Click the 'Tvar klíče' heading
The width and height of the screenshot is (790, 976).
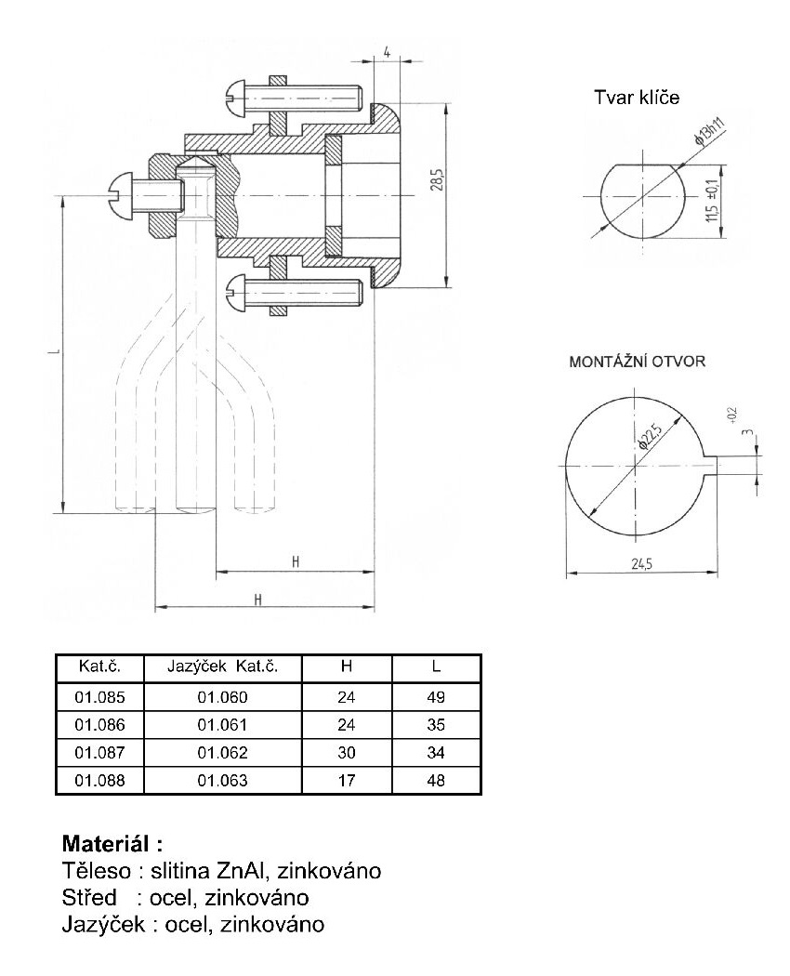[x=637, y=98]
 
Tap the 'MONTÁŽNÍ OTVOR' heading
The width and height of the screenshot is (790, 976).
[x=637, y=362]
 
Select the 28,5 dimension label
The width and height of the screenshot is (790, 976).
[x=436, y=179]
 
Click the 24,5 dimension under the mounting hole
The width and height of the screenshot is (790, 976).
[x=641, y=563]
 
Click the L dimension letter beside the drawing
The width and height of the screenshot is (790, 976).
[x=57, y=354]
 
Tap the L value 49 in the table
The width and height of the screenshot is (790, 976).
[x=436, y=696]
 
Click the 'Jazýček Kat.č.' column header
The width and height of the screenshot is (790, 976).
[x=222, y=667]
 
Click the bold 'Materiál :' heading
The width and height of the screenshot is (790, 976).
[x=112, y=845]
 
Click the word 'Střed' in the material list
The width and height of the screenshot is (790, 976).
[x=89, y=898]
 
